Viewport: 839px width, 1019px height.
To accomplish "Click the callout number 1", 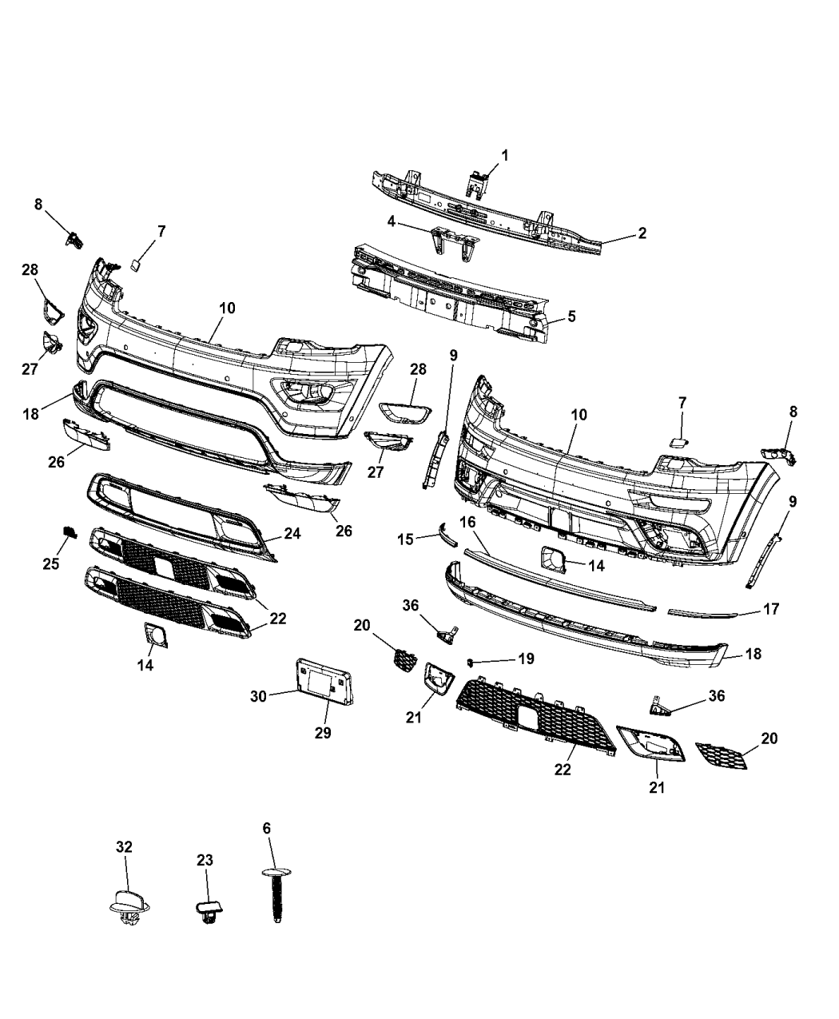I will pos(504,153).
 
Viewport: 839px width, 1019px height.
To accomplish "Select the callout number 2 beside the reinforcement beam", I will pos(642,233).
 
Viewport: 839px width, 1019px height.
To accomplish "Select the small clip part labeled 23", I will pos(208,910).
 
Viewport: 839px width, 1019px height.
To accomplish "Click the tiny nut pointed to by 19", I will pos(471,662).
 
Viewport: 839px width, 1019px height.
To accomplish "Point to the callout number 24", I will pos(292,532).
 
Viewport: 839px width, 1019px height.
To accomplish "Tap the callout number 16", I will pos(467,522).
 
